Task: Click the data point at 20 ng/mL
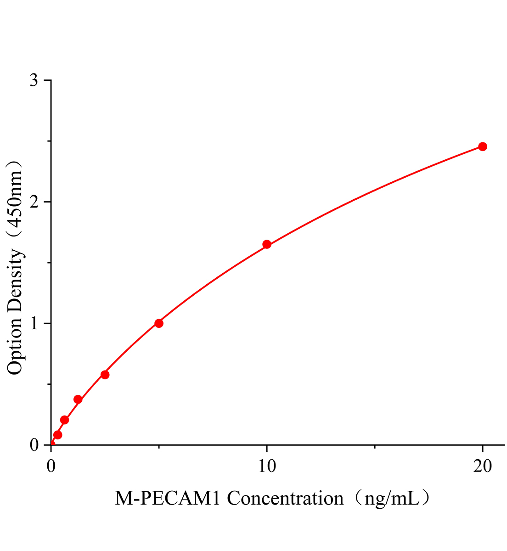coord(482,146)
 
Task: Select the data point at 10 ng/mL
coord(266,244)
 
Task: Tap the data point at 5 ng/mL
coord(159,323)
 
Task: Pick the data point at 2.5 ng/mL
coord(105,375)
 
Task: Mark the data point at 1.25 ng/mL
coord(78,399)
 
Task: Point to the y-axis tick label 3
coord(34,81)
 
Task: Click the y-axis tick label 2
coord(34,202)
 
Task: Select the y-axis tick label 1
coord(34,324)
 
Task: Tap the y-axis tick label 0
coord(34,445)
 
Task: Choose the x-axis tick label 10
coord(266,467)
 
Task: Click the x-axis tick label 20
coord(482,467)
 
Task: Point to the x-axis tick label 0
coord(51,467)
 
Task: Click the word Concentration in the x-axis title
coord(285,498)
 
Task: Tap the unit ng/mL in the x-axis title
coord(390,498)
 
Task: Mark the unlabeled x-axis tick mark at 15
coord(375,447)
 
